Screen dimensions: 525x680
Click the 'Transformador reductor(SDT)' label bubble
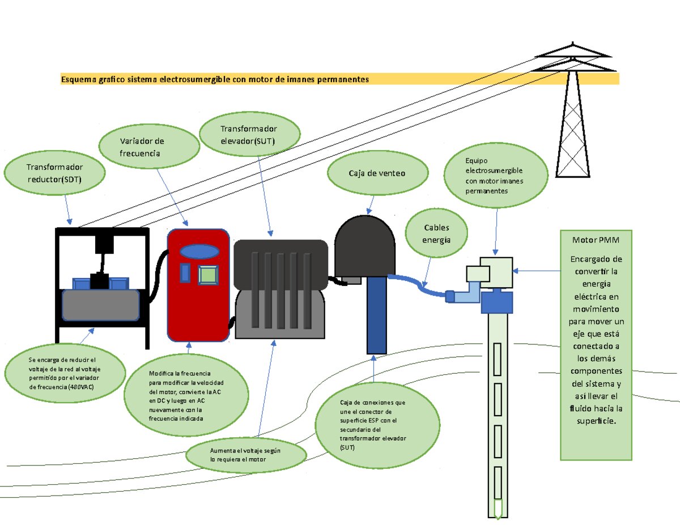[x=55, y=173]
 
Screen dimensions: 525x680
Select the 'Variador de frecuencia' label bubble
[x=149, y=147]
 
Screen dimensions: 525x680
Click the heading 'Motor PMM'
[x=596, y=240]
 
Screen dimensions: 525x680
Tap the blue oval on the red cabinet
[x=199, y=251]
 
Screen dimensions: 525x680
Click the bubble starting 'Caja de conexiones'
[x=385, y=425]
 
